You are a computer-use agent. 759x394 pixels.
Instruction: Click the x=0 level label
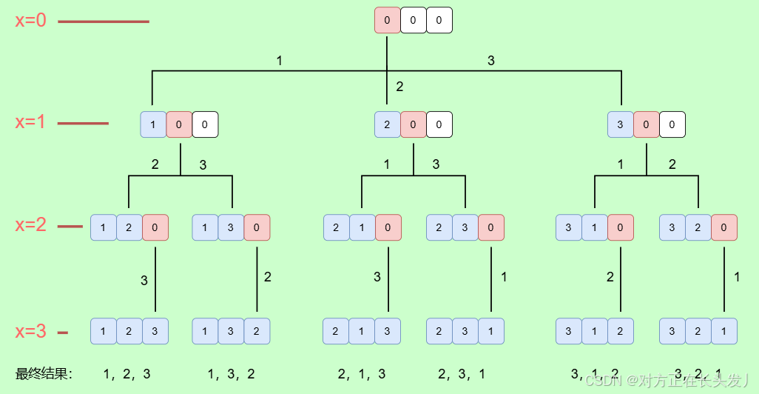coord(31,21)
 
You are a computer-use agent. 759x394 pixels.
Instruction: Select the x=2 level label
coord(31,225)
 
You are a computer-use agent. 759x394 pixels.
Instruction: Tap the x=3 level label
coord(31,332)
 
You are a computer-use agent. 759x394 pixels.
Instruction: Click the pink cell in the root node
coord(387,21)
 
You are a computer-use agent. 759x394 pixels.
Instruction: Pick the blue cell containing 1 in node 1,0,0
coord(153,124)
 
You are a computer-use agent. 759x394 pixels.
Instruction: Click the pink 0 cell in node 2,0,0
coord(413,124)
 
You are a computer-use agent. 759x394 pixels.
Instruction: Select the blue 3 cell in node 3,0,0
coord(620,124)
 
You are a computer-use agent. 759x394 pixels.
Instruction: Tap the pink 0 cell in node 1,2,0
coord(155,227)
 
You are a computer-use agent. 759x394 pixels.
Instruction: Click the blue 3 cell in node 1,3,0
coord(231,227)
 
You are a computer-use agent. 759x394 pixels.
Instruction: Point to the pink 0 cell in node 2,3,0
coord(490,227)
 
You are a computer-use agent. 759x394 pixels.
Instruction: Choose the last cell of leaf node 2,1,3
coord(388,331)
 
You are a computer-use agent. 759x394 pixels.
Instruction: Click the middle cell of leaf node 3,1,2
coord(594,331)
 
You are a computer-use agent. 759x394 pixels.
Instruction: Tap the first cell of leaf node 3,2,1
coord(672,331)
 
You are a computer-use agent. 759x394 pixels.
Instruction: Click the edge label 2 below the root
coord(399,87)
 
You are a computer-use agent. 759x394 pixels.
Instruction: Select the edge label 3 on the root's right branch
coord(491,61)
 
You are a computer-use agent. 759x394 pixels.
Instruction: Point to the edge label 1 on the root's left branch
coord(279,61)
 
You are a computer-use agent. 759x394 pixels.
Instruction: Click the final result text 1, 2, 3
coord(127,374)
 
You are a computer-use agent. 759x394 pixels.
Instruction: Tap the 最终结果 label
coord(44,374)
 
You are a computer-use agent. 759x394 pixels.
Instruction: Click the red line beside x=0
coord(104,21)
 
